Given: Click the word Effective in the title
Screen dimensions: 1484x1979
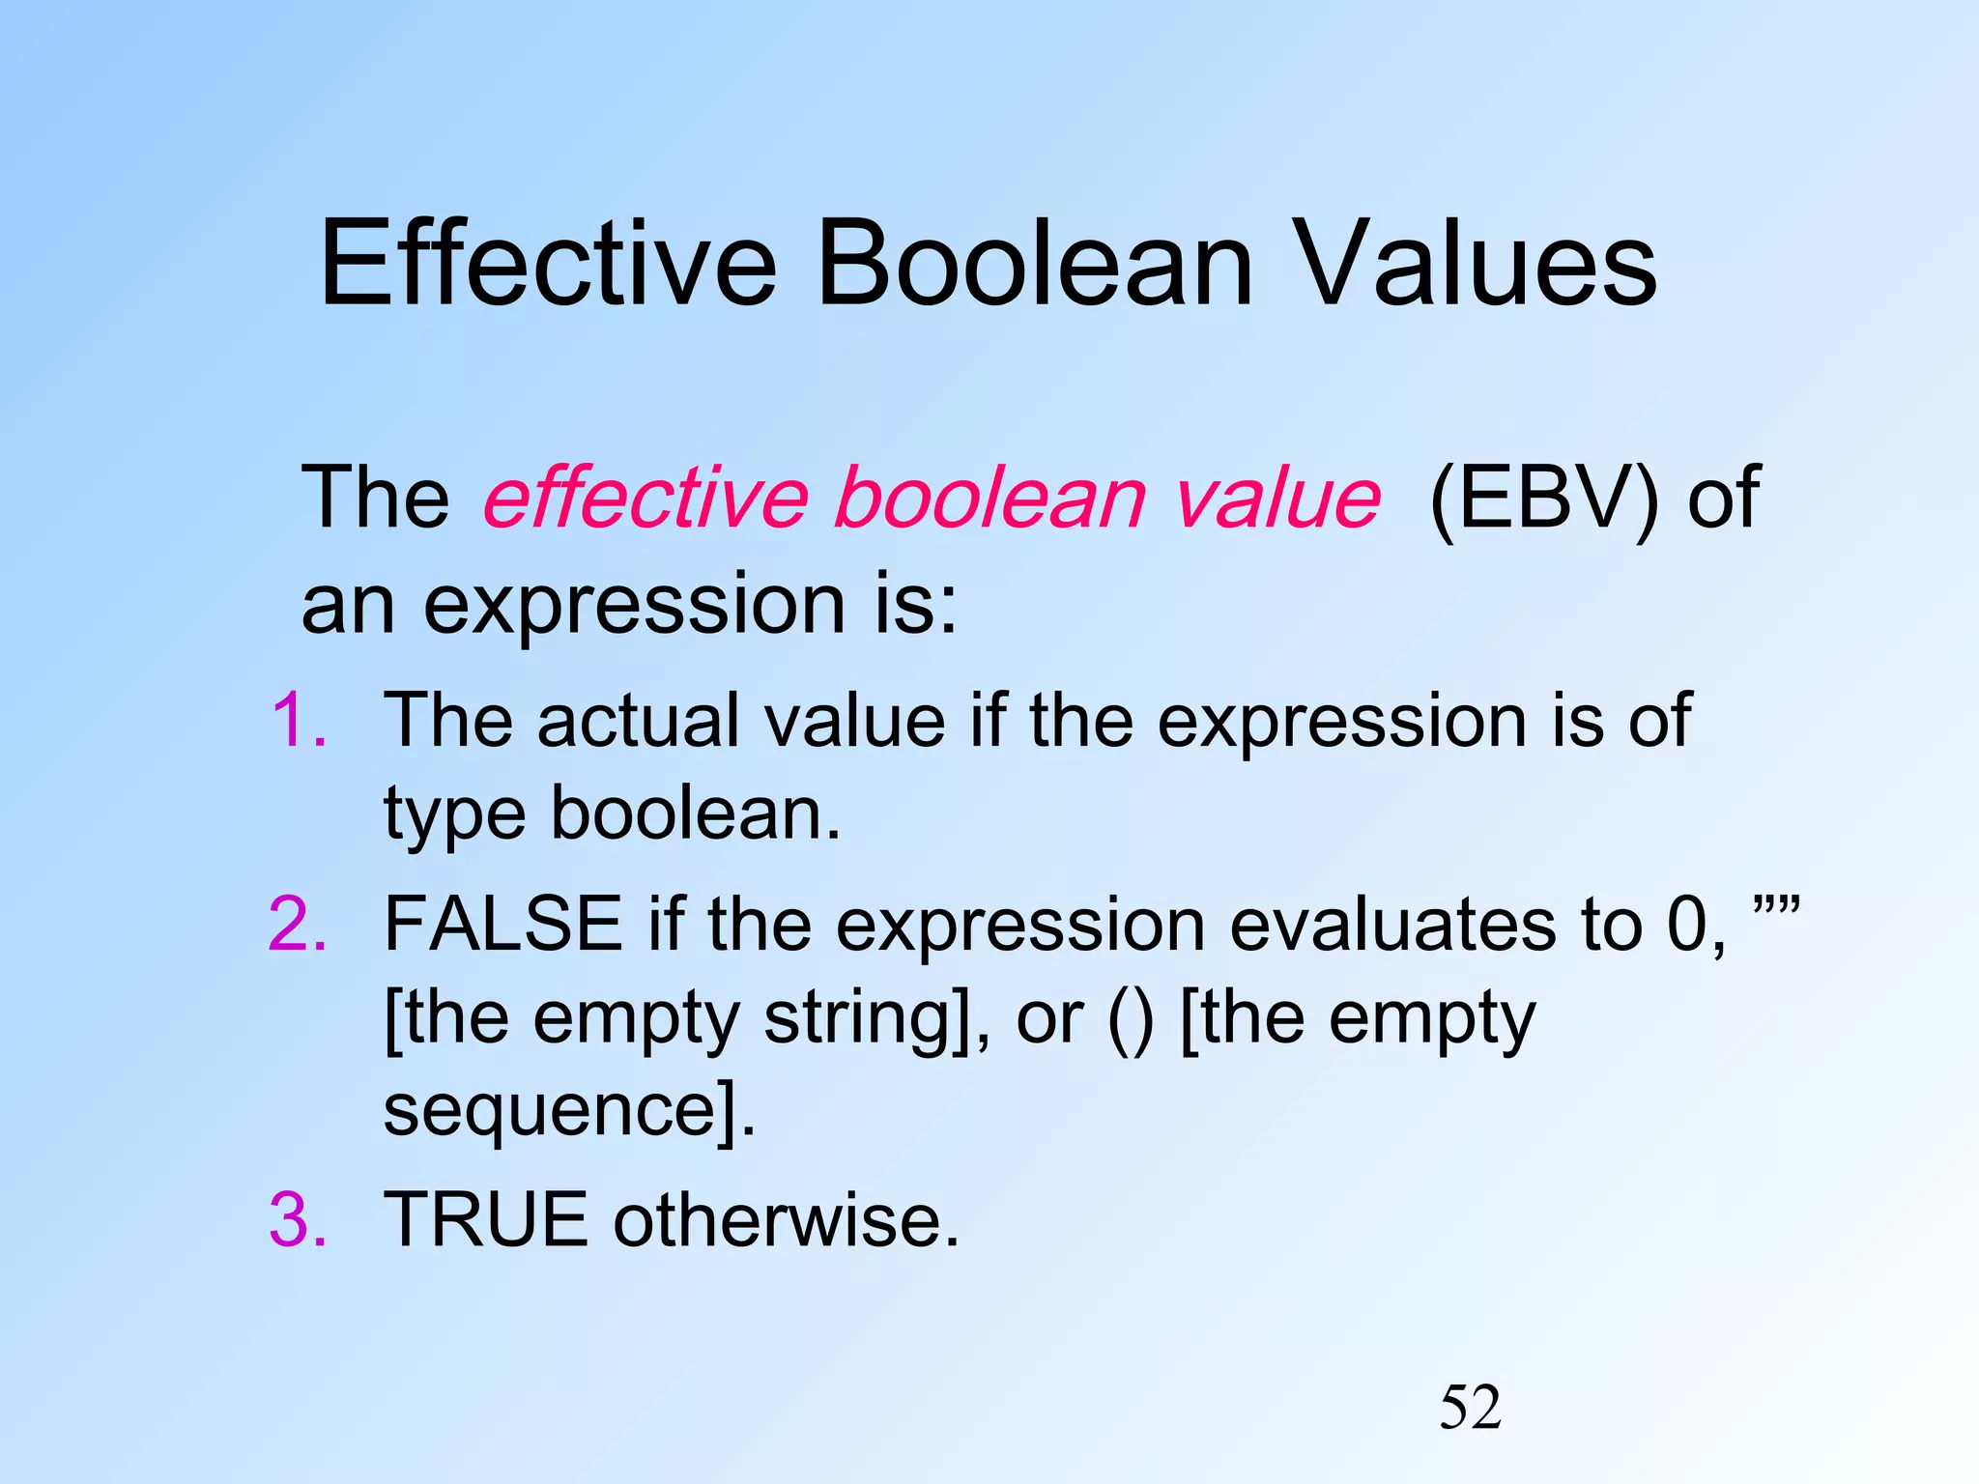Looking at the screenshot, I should [548, 263].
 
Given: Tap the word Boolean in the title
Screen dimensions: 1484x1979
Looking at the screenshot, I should [1035, 263].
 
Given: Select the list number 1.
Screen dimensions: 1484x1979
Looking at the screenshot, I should [298, 720].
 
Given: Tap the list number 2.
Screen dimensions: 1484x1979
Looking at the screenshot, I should [298, 925].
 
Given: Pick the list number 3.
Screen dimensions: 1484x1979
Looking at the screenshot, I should [298, 1219].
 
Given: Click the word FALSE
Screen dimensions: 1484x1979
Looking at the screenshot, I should [503, 925].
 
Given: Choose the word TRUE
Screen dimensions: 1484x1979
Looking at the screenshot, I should [486, 1219].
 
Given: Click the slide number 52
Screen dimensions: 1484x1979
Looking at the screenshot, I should [1470, 1408].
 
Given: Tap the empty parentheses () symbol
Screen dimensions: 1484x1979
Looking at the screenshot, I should [1130, 1020].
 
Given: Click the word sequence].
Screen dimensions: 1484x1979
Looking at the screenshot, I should [569, 1111].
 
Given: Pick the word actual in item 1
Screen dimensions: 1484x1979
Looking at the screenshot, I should [645, 720].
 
